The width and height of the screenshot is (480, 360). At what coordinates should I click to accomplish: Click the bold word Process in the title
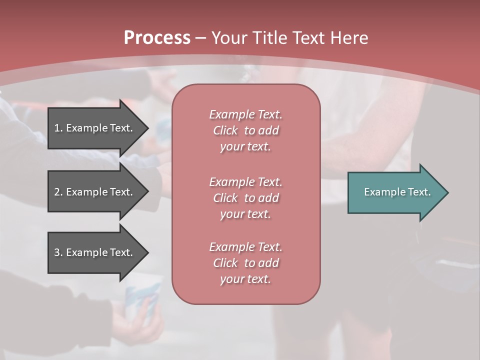click(x=157, y=38)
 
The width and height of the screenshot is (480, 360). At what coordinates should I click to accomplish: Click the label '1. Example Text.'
click(x=93, y=128)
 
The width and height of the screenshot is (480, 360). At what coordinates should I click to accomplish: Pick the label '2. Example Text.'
click(x=93, y=192)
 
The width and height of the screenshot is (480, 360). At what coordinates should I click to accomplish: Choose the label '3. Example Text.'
click(x=93, y=252)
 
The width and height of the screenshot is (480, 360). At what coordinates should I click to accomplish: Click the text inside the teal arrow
click(x=397, y=192)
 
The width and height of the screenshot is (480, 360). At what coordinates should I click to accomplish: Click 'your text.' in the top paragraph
click(x=245, y=147)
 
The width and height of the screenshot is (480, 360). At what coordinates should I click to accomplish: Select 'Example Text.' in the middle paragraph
click(x=245, y=181)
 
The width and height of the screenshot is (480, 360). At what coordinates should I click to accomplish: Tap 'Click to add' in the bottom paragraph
click(x=245, y=263)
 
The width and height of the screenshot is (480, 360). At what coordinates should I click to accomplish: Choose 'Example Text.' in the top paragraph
click(x=245, y=114)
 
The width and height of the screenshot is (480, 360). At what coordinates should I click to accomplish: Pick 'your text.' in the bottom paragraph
click(x=245, y=279)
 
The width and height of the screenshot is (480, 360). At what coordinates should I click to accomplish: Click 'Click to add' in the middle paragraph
click(x=245, y=198)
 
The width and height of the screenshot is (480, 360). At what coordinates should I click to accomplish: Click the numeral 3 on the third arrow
click(x=57, y=252)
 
